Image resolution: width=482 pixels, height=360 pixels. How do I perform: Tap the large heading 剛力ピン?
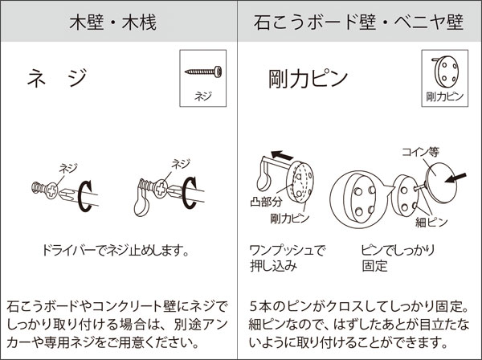point(308,79)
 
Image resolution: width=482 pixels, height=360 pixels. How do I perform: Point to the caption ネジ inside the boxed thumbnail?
point(203,96)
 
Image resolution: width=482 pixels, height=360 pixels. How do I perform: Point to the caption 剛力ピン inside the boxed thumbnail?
point(444,97)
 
